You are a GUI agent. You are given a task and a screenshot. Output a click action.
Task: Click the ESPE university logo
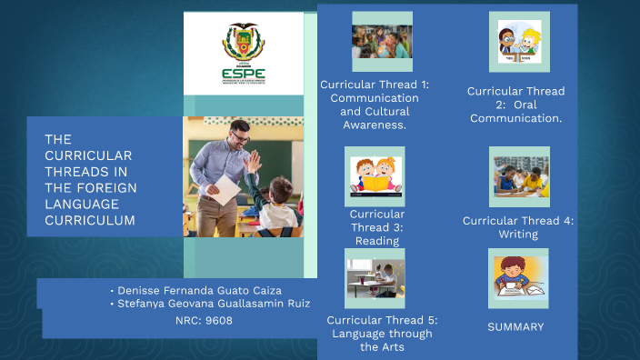point(243,53)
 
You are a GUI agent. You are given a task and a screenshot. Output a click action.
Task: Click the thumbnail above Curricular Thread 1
point(382,41)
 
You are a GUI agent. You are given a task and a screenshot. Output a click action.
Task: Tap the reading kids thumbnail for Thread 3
point(375,176)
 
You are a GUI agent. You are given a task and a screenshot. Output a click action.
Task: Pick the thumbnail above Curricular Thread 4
point(519,176)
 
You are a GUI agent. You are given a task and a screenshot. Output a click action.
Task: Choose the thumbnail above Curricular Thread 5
point(375,278)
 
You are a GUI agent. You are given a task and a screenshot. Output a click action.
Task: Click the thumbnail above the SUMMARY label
point(518,278)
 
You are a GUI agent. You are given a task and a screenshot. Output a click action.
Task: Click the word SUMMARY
point(515,326)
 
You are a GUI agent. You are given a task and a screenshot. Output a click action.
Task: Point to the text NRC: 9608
point(204,320)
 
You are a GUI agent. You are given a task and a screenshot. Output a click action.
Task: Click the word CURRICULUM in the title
point(90,220)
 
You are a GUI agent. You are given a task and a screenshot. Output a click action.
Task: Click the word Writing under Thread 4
point(517,235)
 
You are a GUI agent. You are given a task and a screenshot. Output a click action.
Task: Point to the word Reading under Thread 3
point(377,241)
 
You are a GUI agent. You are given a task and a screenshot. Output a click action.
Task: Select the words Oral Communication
point(515,111)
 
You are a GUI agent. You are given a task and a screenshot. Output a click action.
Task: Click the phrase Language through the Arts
point(382,340)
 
